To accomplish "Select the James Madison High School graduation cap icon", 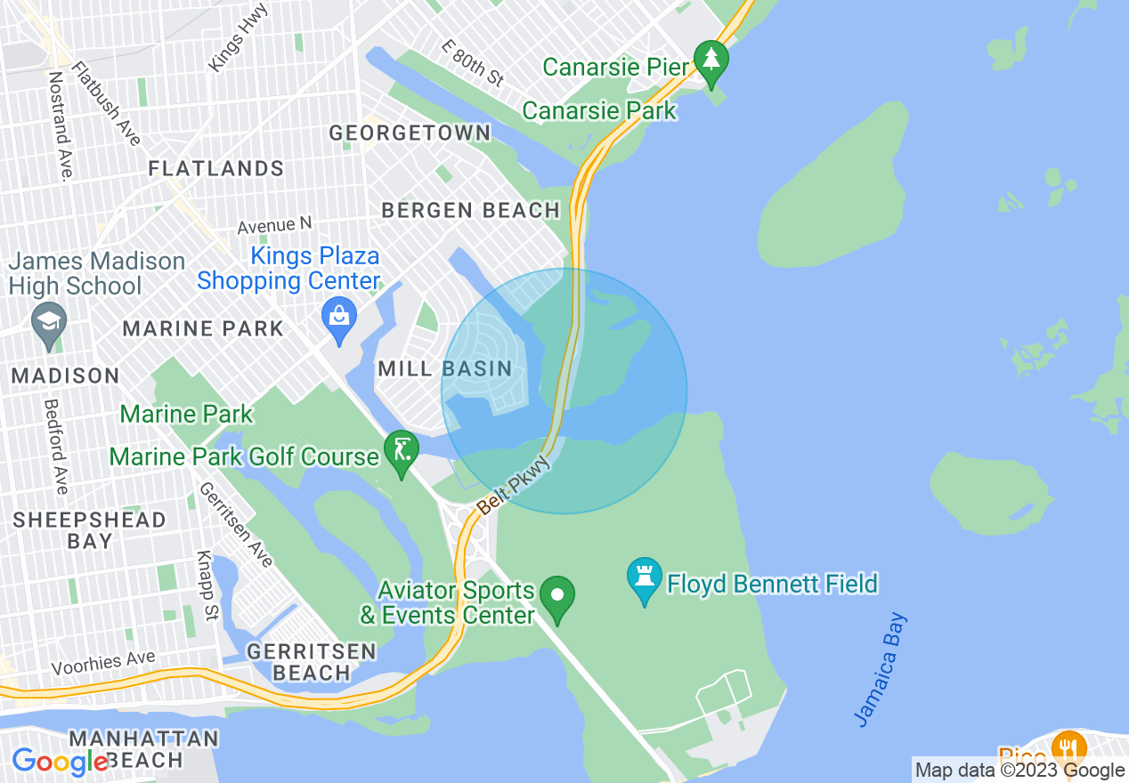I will [x=47, y=322].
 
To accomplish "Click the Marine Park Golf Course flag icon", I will [x=401, y=451].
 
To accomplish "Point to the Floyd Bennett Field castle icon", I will [x=644, y=578].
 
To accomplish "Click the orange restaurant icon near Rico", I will [x=1068, y=748].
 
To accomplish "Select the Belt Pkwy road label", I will [x=516, y=487].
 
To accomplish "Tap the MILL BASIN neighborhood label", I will [x=445, y=368].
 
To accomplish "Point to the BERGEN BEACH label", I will [x=471, y=211].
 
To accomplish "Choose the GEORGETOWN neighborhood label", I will [x=410, y=133].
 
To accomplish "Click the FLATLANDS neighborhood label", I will [x=216, y=168].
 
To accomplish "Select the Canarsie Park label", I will [x=599, y=110].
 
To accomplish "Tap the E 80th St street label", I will [x=475, y=62].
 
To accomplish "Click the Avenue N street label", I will [x=275, y=225].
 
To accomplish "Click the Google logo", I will [x=60, y=762].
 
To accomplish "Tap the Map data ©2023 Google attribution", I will [x=1020, y=771].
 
